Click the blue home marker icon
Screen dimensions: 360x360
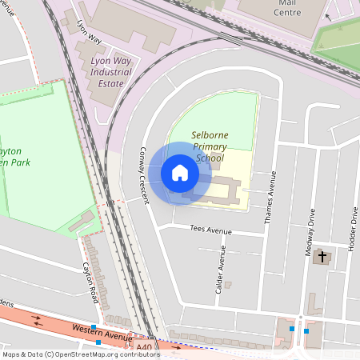pyautogui.click(x=180, y=173)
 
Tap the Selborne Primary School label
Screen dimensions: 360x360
pyautogui.click(x=210, y=146)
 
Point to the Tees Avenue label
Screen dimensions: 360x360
pyautogui.click(x=210, y=230)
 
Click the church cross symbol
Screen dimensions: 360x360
pyautogui.click(x=322, y=258)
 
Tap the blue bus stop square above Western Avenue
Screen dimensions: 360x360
pyautogui.click(x=94, y=327)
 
